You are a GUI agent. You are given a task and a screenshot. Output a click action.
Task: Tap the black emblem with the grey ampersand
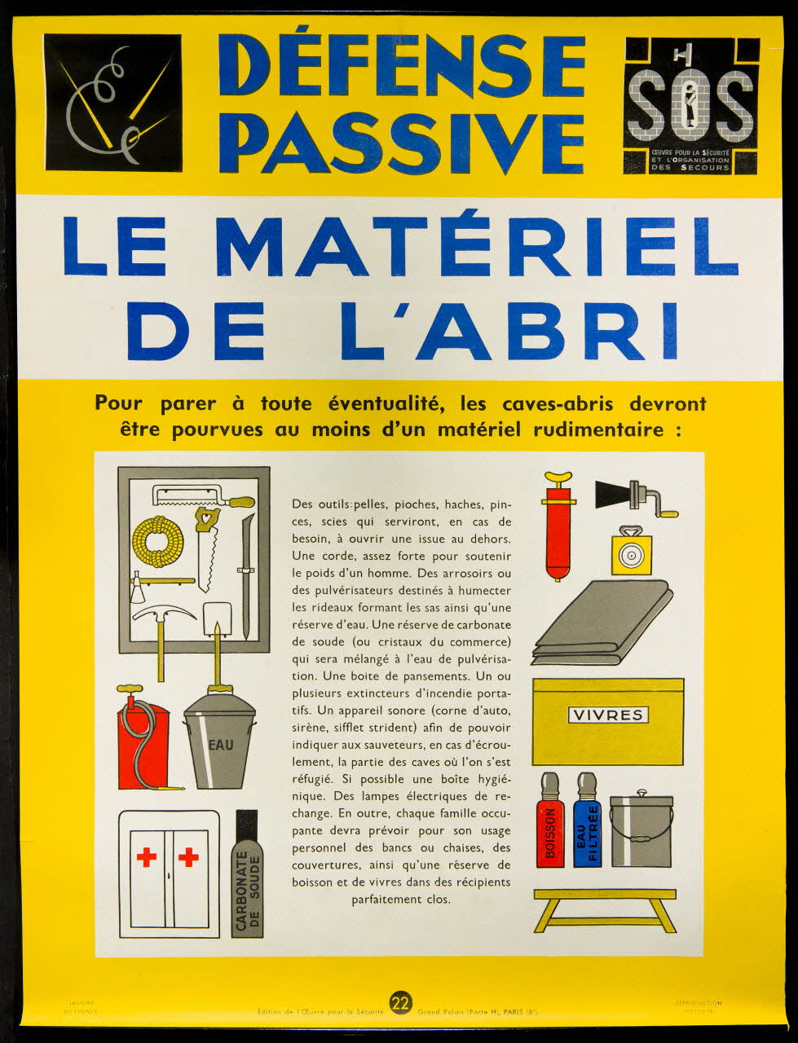tap(112, 103)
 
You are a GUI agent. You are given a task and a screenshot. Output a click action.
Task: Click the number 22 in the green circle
tap(399, 1002)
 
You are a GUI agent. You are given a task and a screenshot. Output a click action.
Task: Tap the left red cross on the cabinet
tap(147, 857)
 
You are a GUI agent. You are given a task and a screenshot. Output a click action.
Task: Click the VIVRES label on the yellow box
tap(608, 715)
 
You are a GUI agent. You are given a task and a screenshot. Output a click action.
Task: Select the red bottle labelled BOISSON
tap(550, 823)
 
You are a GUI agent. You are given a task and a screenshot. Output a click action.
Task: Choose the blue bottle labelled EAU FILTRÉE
tap(587, 823)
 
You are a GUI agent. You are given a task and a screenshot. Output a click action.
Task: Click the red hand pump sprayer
tap(559, 521)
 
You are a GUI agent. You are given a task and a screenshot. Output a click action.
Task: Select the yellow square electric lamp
tap(631, 553)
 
